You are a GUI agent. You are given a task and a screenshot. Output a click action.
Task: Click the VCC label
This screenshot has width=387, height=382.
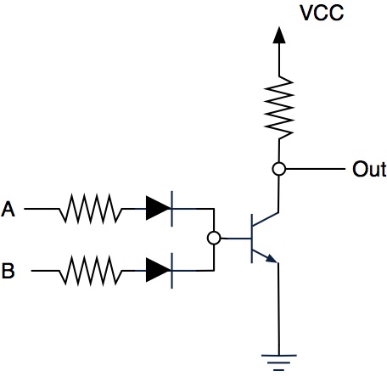pyautogui.click(x=322, y=13)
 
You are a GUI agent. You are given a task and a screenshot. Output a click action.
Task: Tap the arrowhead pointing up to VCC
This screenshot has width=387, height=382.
pyautogui.click(x=279, y=36)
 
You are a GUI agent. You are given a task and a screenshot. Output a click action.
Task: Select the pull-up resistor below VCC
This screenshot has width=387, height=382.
pyautogui.click(x=279, y=108)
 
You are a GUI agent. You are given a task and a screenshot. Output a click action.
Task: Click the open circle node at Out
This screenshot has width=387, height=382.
pyautogui.click(x=279, y=169)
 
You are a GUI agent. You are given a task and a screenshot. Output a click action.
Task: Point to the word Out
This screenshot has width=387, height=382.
pyautogui.click(x=369, y=169)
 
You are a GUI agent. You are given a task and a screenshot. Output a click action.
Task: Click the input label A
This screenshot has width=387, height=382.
pyautogui.click(x=8, y=209)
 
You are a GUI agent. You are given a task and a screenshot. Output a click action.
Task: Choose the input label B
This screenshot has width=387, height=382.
pyautogui.click(x=8, y=271)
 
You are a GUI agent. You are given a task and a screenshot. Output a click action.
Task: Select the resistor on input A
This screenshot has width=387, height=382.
pyautogui.click(x=91, y=209)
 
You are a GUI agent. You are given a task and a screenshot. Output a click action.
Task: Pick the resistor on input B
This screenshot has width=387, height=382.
pyautogui.click(x=91, y=271)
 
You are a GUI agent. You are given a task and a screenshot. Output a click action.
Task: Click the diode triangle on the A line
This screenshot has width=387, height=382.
pyautogui.click(x=158, y=208)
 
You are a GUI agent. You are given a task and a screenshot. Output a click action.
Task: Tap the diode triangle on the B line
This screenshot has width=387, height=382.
pyautogui.click(x=158, y=270)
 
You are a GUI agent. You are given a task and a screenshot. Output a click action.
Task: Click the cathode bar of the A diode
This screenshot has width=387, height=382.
pyautogui.click(x=172, y=209)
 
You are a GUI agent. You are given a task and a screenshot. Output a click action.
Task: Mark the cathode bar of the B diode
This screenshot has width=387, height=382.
pyautogui.click(x=172, y=271)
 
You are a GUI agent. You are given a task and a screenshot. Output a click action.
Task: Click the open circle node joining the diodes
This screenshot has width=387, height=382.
pyautogui.click(x=214, y=238)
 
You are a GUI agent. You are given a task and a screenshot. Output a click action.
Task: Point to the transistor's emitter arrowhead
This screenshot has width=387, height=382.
pyautogui.click(x=272, y=259)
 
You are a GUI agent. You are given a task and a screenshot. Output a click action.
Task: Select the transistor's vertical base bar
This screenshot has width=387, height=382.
pyautogui.click(x=251, y=239)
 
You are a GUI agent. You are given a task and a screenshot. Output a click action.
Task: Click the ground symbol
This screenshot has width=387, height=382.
pyautogui.click(x=279, y=362)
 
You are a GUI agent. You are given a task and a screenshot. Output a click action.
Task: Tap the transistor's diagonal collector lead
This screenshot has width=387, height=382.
pyautogui.click(x=266, y=219)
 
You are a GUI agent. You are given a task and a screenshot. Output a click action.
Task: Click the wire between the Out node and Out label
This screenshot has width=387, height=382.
pyautogui.click(x=316, y=169)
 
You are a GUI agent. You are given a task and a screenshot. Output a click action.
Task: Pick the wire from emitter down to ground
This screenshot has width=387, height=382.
pyautogui.click(x=278, y=309)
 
